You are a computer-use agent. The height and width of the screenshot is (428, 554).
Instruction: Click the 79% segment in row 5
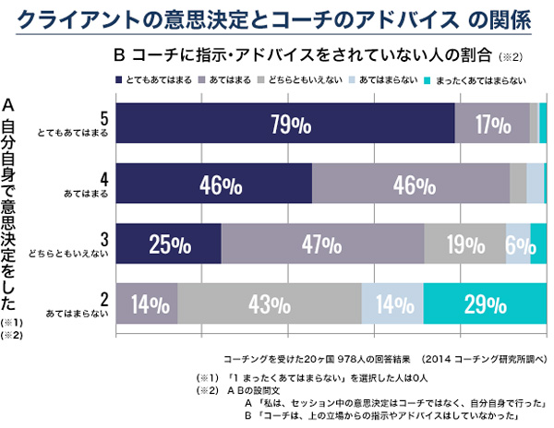(x=285, y=124)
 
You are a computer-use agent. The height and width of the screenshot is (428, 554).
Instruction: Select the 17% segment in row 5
(x=492, y=124)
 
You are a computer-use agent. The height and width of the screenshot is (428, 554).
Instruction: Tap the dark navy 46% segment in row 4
(x=213, y=184)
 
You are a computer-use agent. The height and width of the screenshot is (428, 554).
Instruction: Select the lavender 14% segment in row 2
(x=147, y=303)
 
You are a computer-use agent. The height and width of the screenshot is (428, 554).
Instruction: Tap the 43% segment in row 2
(x=269, y=303)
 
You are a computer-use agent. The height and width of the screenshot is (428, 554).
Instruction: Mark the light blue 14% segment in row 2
(x=391, y=303)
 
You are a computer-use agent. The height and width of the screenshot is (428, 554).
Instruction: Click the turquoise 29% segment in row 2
(x=484, y=303)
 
